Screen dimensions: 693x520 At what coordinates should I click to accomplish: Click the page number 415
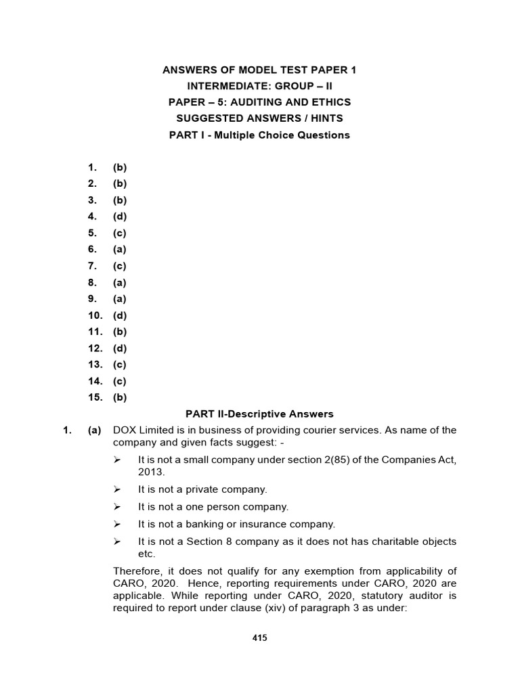tap(259, 638)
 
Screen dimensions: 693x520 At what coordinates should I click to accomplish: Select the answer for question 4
tap(120, 217)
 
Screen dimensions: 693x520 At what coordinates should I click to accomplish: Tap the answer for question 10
tap(120, 315)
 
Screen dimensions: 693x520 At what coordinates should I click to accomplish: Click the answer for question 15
tap(120, 398)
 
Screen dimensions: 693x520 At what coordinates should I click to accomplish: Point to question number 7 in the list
tap(93, 266)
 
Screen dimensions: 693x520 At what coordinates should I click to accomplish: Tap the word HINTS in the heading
tap(326, 118)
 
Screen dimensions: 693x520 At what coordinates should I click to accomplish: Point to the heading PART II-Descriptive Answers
tap(259, 414)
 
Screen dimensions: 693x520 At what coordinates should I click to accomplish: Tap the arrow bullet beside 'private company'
tap(117, 489)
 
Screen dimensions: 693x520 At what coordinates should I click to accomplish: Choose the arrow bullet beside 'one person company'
tap(117, 507)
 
